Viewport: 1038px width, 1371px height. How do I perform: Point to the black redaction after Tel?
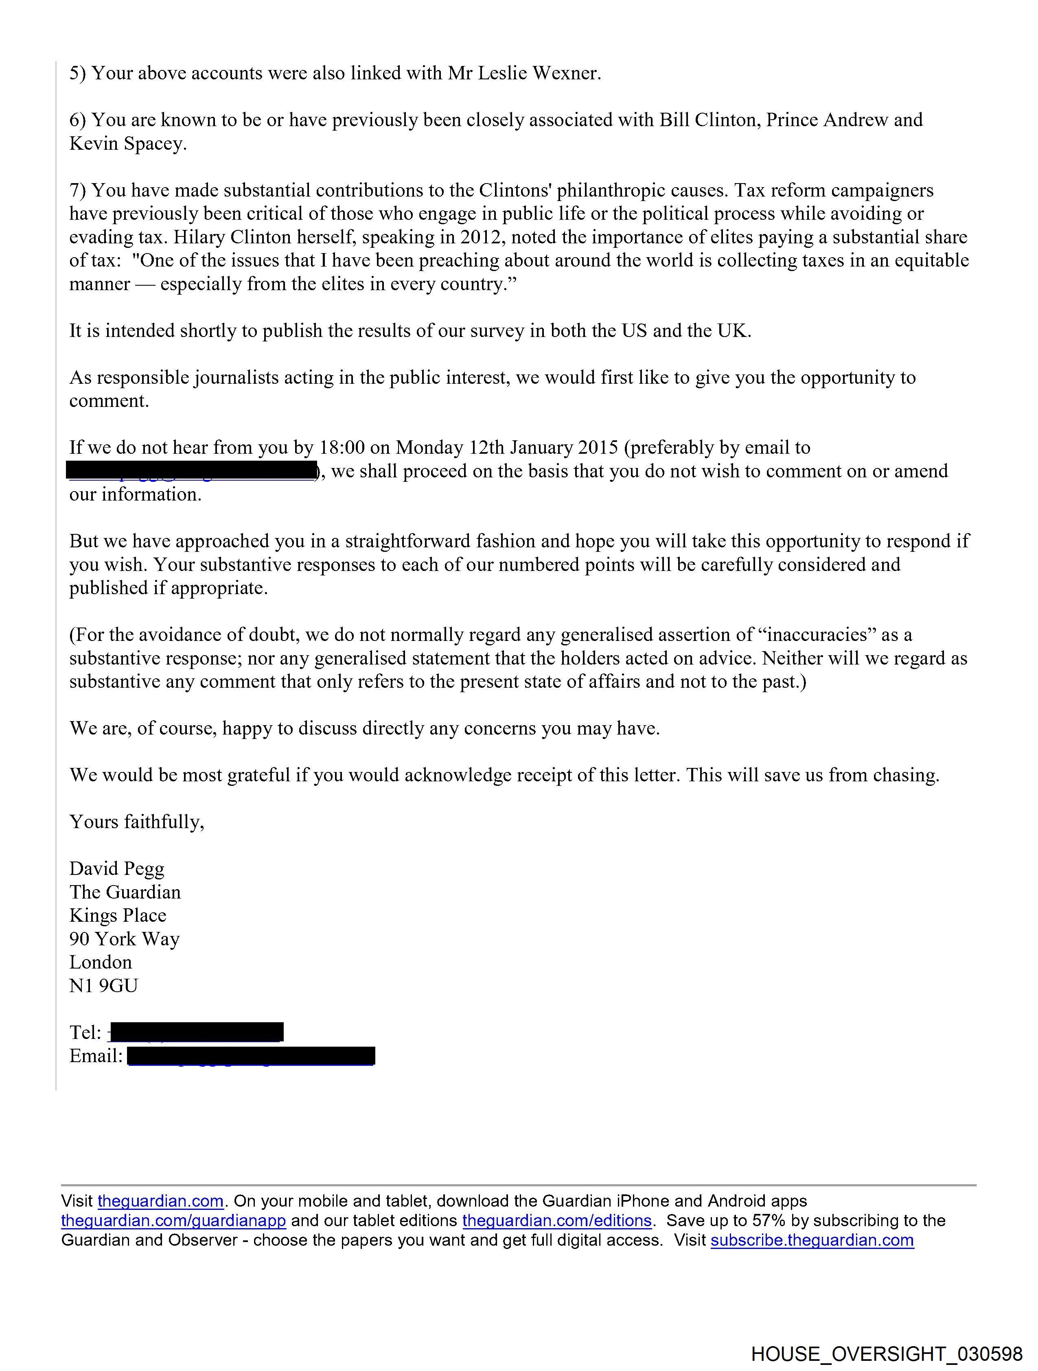coord(196,1032)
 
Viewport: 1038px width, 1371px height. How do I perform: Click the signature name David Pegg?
coord(116,868)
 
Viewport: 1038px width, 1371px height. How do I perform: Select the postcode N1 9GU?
coord(103,986)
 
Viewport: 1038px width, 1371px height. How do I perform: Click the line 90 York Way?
coord(124,939)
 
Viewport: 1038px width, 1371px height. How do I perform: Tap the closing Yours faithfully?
coord(136,822)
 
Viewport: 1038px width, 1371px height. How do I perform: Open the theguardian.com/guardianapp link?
coord(174,1221)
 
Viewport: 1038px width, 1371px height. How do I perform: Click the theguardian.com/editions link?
coord(557,1221)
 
